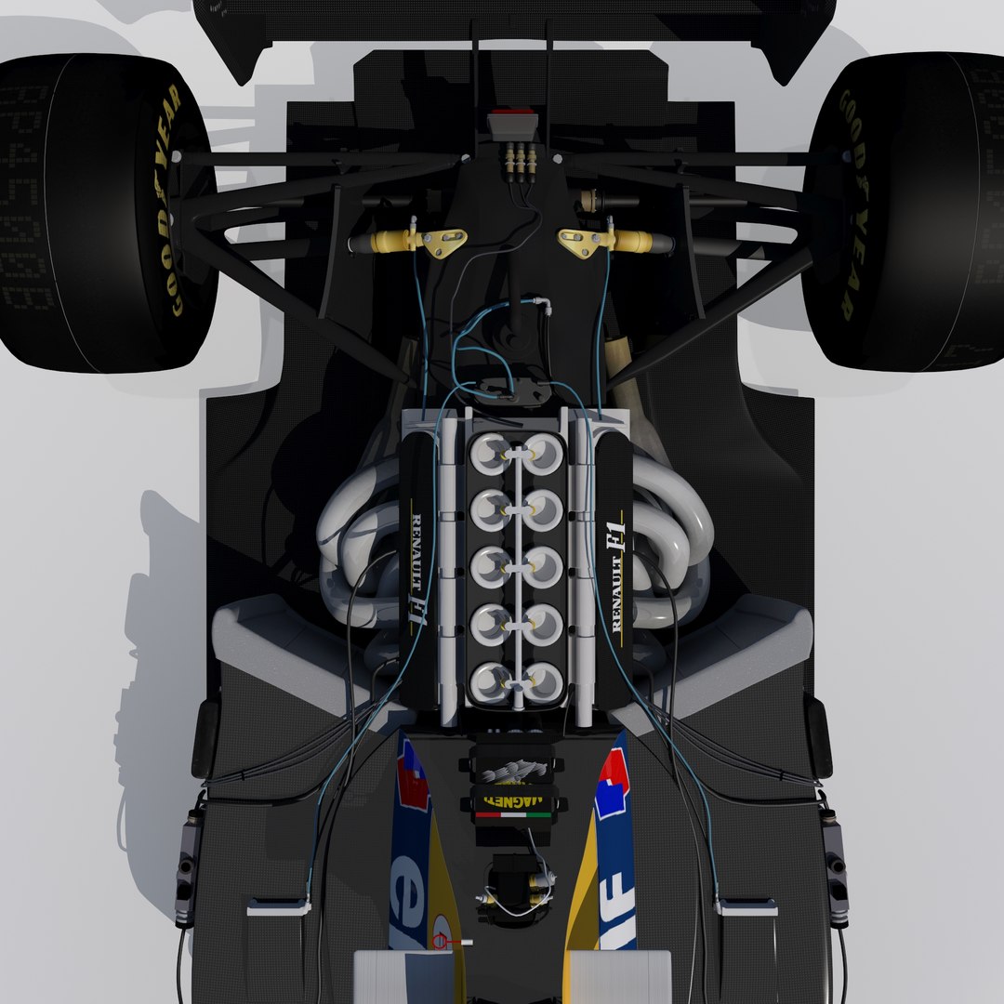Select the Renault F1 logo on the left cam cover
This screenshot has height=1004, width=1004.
click(417, 572)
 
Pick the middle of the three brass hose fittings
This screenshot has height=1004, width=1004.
click(522, 159)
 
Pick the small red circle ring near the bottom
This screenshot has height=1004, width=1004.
click(441, 942)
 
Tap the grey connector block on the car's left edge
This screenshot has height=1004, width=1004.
click(189, 865)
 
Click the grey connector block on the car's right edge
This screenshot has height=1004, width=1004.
click(834, 865)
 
